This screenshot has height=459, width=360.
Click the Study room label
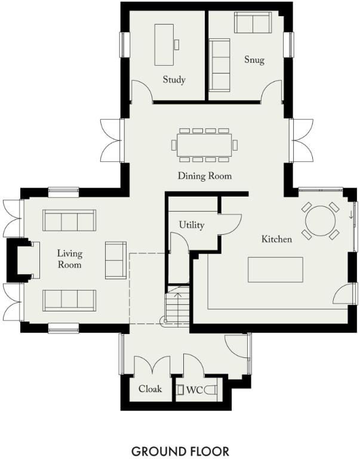tap(174, 79)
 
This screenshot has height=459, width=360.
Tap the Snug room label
tap(254, 60)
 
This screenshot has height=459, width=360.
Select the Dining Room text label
tap(204, 176)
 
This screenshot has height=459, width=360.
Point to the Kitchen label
tap(276, 239)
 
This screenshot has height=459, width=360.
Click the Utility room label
tap(192, 225)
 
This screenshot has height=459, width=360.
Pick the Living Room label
tap(69, 259)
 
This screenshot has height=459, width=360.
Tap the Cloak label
tap(150, 389)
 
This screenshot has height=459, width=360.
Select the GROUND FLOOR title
tap(180, 450)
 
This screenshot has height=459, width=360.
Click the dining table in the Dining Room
tap(204, 145)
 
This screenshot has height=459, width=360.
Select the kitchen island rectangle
tap(275, 270)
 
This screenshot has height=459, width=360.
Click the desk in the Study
tap(165, 44)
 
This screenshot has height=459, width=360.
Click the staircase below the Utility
tap(177, 305)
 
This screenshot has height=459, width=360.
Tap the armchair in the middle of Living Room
tap(115, 260)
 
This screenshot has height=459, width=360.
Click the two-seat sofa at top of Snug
tap(253, 23)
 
